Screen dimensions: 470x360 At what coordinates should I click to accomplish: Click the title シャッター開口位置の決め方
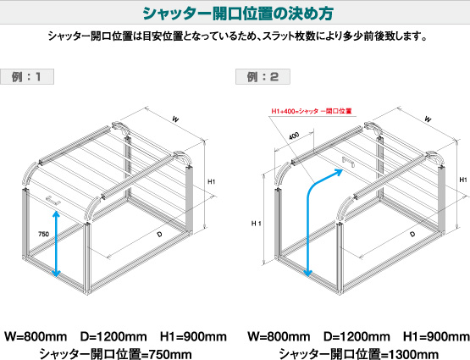[238, 14]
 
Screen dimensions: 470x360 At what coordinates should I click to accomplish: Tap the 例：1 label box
[27, 77]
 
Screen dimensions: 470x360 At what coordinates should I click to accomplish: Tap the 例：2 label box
[263, 77]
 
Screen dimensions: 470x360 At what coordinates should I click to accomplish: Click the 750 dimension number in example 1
[43, 234]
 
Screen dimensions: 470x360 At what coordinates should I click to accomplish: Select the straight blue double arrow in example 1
[56, 244]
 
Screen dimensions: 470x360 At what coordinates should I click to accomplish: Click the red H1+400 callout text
[311, 111]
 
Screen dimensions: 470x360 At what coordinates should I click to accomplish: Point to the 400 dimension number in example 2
[294, 136]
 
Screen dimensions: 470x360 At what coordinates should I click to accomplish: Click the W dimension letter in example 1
[175, 119]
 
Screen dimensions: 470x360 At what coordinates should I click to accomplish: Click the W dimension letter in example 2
[428, 119]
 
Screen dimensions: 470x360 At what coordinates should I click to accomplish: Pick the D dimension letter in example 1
[159, 234]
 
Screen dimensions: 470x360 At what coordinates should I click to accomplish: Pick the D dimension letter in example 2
[412, 234]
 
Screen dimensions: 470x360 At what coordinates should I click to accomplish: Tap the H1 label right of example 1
[212, 181]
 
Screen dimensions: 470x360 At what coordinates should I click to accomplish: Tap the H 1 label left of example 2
[257, 224]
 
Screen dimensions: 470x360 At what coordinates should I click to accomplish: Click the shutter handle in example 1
[53, 200]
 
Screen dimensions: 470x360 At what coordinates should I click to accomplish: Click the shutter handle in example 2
[348, 162]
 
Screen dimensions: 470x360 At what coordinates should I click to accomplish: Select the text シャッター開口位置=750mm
[116, 354]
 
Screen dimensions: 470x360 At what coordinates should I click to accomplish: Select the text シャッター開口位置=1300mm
[359, 354]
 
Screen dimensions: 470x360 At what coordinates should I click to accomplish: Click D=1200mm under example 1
[113, 336]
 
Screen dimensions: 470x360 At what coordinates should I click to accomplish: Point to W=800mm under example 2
[279, 336]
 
